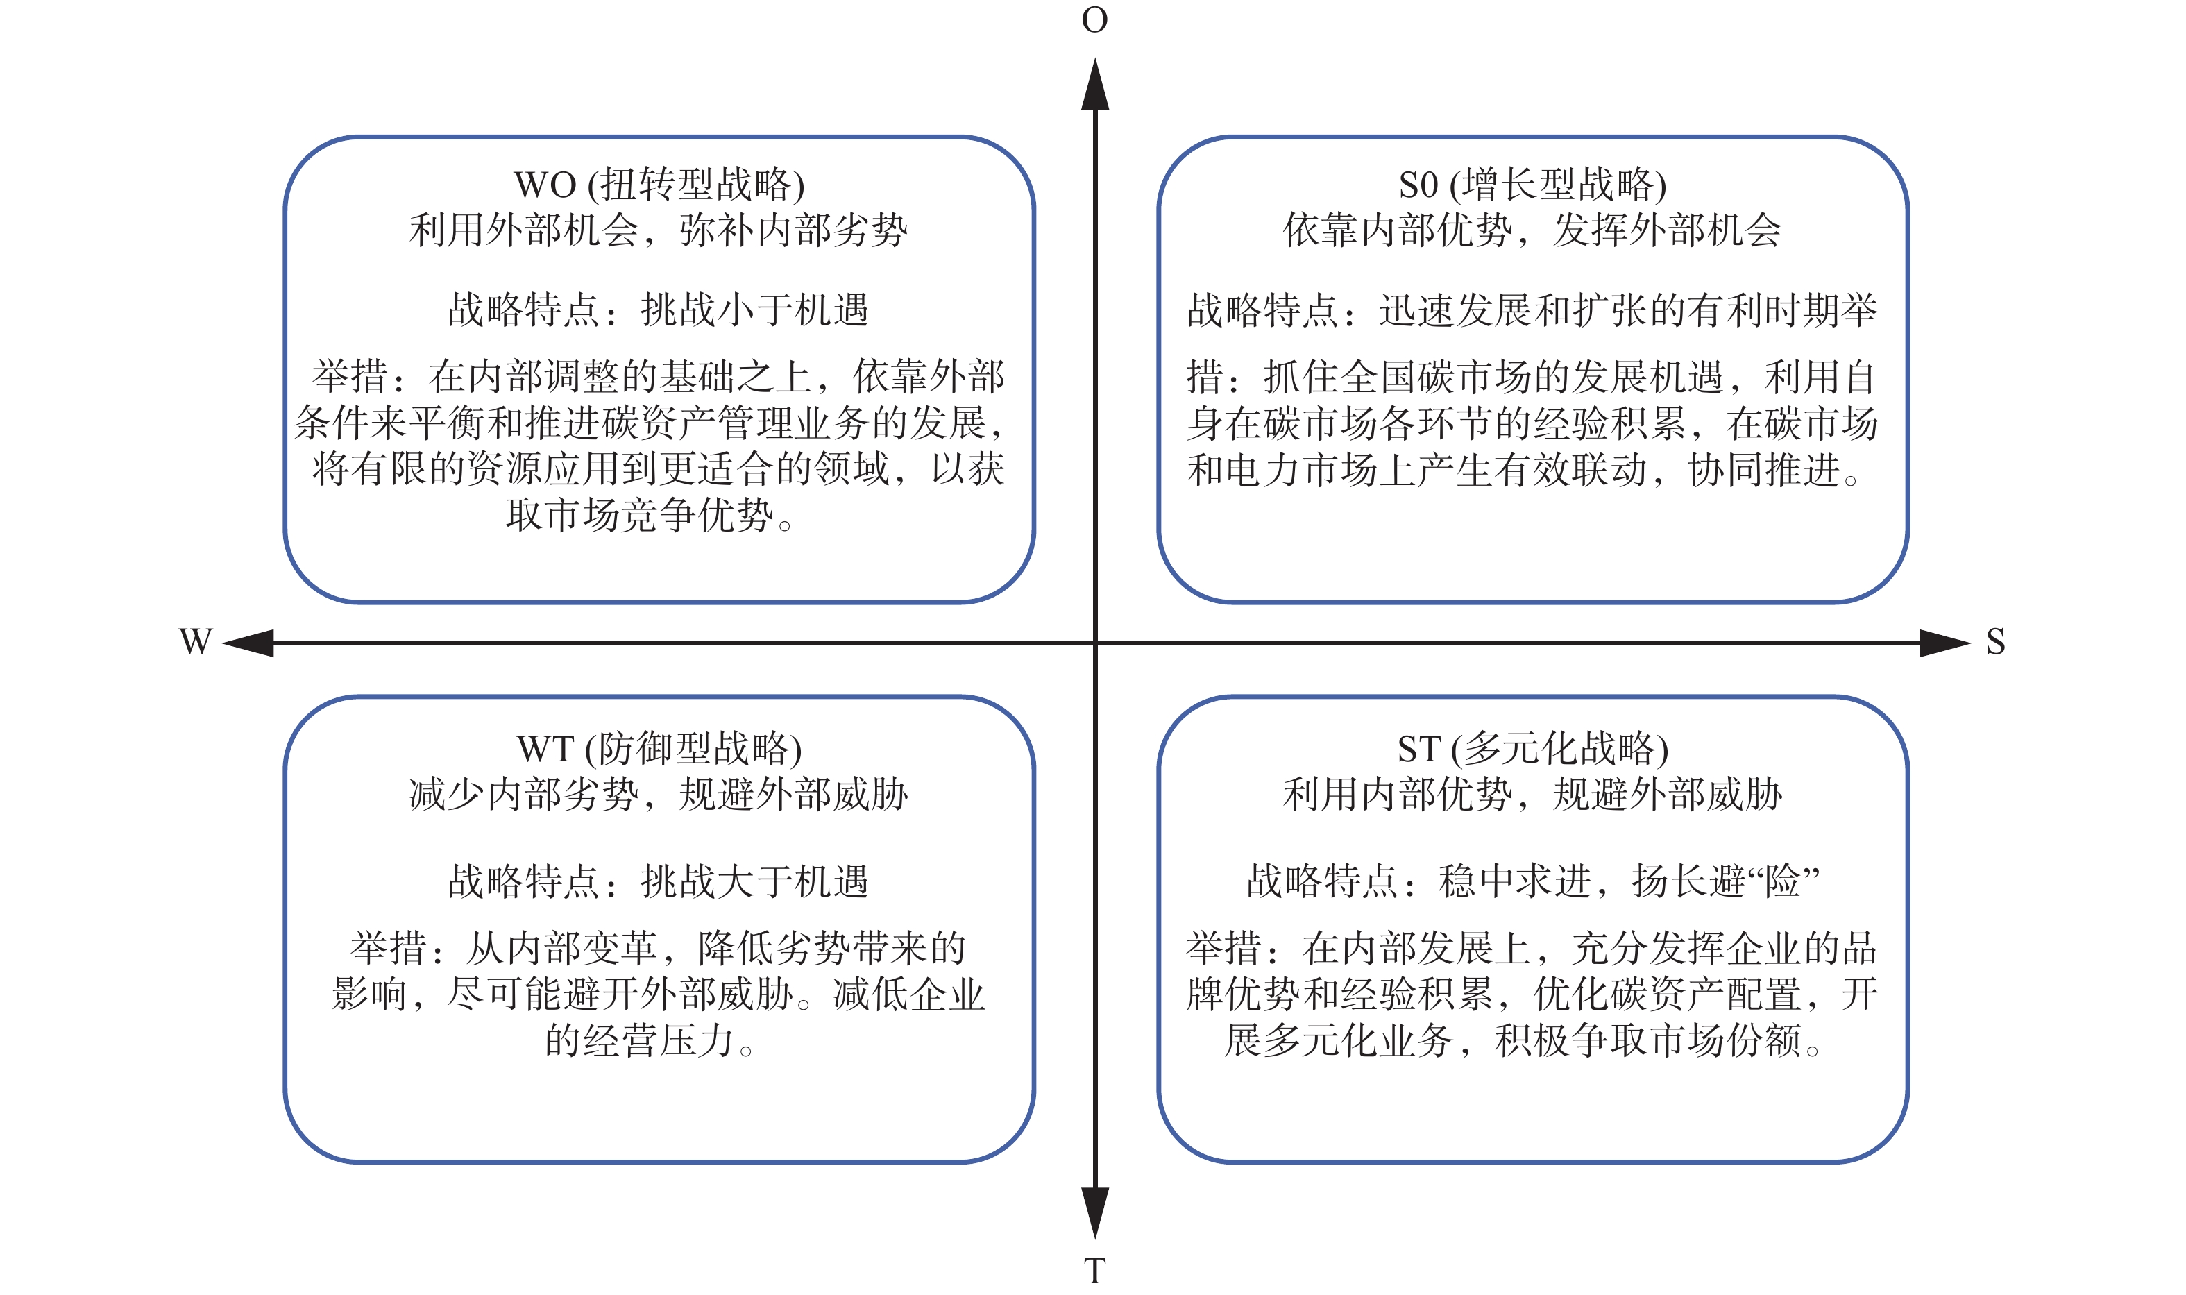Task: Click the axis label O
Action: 1094,20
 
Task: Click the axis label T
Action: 1094,1271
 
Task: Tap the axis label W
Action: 196,641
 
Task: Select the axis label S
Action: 1996,641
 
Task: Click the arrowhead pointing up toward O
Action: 1095,84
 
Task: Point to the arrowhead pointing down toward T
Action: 1095,1213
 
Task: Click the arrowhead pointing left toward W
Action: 248,643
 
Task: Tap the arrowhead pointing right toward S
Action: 1945,643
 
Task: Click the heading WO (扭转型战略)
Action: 659,184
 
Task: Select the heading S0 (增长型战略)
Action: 1532,184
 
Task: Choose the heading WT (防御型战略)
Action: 659,748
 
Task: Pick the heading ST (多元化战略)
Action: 1532,748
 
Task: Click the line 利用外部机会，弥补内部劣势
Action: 659,230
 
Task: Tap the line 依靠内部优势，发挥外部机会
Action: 1532,230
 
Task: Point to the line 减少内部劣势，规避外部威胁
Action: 659,794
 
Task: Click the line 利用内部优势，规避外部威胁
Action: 1532,794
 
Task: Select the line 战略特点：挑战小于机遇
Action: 659,310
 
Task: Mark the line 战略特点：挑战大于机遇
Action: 659,881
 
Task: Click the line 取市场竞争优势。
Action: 650,515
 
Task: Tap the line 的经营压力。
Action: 650,1040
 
